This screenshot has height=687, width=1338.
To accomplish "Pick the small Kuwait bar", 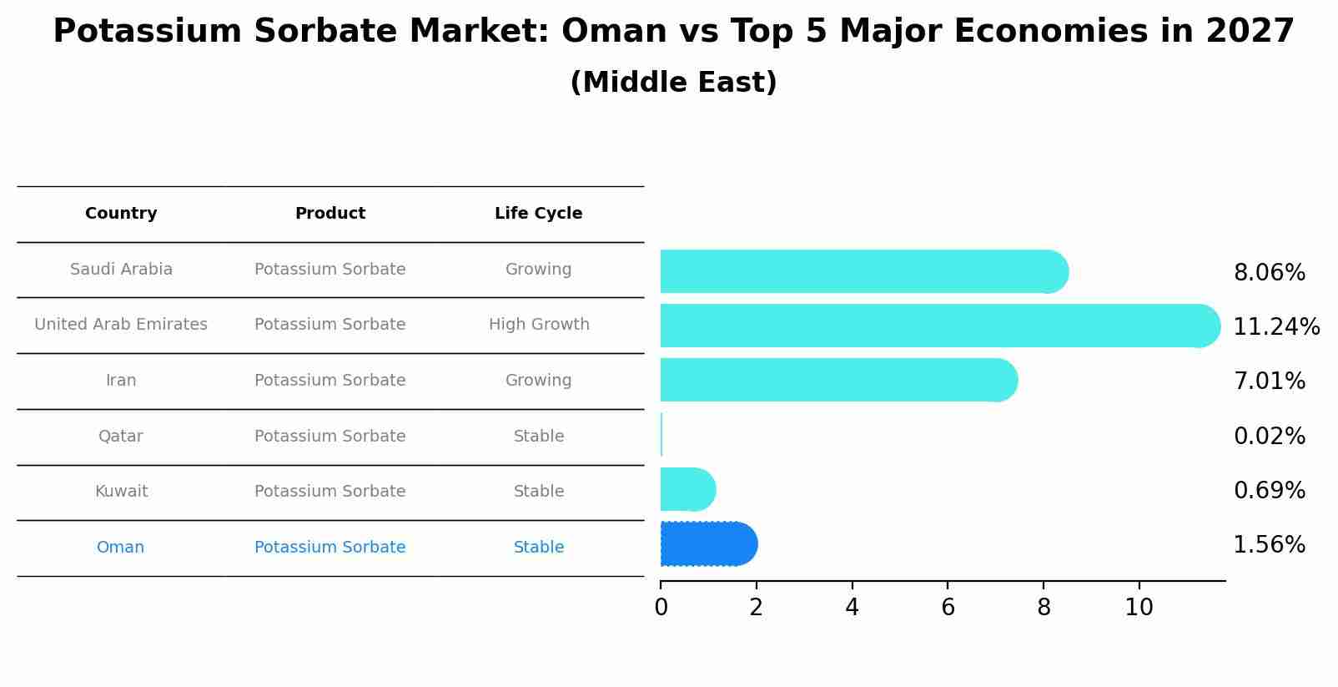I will (x=686, y=489).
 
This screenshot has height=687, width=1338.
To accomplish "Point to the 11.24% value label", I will (x=1275, y=327).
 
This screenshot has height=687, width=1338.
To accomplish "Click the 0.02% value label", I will (x=1269, y=437).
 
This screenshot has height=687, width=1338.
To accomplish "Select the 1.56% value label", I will (x=1269, y=545).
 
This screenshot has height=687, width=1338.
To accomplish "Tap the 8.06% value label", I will (x=1269, y=273).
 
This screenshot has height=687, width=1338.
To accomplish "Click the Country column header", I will (x=121, y=214).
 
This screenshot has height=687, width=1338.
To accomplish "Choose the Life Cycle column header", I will (x=538, y=214).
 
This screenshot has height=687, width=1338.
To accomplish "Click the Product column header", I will (x=329, y=214).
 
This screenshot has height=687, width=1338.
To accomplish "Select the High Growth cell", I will (x=538, y=325).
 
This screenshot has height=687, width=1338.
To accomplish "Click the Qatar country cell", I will (x=121, y=437).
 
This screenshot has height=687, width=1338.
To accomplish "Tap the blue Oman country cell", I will (x=121, y=548).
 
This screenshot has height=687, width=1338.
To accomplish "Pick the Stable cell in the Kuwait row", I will (x=538, y=492).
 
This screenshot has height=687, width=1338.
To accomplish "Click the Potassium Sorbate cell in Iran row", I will (x=329, y=381).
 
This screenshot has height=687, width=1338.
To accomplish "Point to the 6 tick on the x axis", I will (x=948, y=608).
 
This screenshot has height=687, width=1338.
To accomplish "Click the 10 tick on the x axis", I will (x=1139, y=608).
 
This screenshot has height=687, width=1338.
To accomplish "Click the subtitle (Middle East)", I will (x=673, y=83).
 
